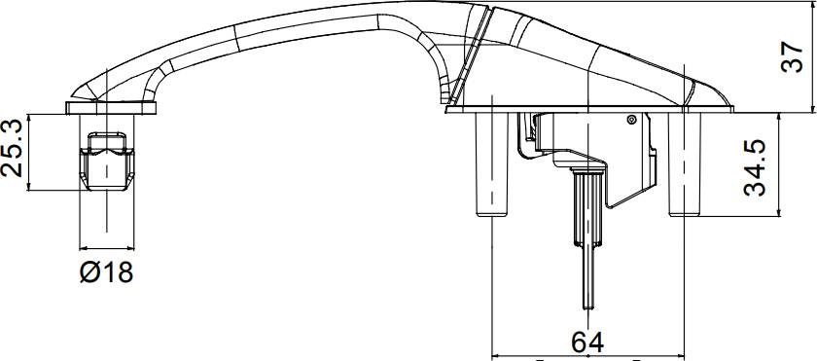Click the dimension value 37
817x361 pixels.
pyautogui.click(x=792, y=57)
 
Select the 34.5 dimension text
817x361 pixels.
pyautogui.click(x=755, y=167)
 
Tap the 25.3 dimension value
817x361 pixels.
pyautogui.click(x=12, y=148)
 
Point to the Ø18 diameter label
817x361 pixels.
pyautogui.click(x=106, y=271)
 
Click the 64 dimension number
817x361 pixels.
pyautogui.click(x=587, y=343)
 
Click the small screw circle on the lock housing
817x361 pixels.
pyautogui.click(x=632, y=120)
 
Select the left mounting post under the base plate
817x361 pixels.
pyautogui.click(x=492, y=164)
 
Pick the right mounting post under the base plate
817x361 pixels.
pyautogui.click(x=685, y=164)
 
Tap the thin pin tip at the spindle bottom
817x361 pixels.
pyautogui.click(x=587, y=307)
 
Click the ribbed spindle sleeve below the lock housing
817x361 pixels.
pyautogui.click(x=587, y=208)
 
